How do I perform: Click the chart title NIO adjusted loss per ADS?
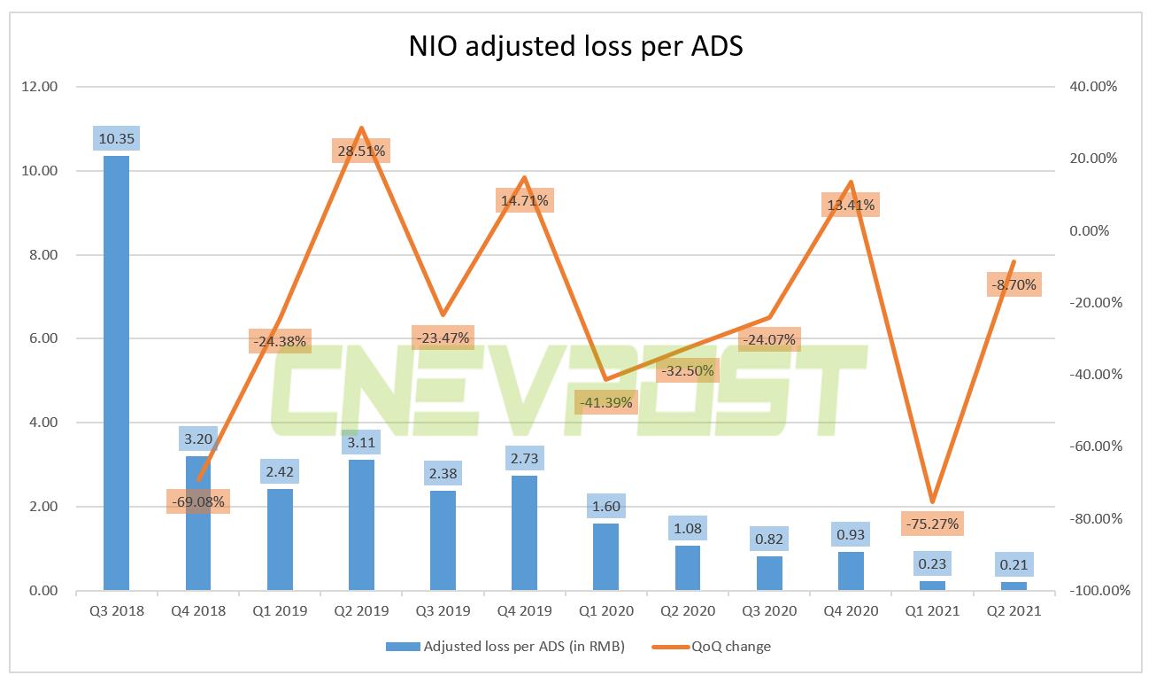click(x=575, y=46)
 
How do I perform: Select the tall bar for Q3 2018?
click(x=116, y=372)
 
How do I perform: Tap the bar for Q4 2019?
click(x=525, y=532)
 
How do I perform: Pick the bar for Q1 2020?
click(x=606, y=556)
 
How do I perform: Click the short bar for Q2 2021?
click(x=1014, y=586)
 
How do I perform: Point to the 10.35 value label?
click(x=116, y=138)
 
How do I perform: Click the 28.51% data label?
click(x=360, y=151)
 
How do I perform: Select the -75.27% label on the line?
click(x=932, y=524)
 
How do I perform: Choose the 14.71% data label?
click(x=524, y=201)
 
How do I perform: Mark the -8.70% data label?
click(x=1013, y=285)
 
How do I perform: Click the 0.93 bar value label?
click(x=851, y=535)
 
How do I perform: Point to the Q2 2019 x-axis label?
click(x=360, y=610)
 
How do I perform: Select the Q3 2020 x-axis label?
click(x=769, y=610)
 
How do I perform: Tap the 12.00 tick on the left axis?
click(x=39, y=87)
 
